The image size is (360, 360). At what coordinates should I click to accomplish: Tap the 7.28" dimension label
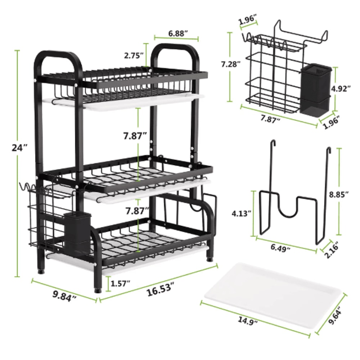231,64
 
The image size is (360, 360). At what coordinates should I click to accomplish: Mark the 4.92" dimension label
347,89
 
